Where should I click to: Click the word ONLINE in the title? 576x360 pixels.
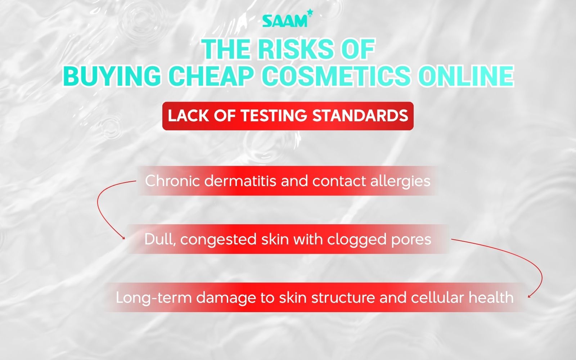466,76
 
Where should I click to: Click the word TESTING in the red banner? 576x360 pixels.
274,116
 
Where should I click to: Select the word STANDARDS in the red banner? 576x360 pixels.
360,116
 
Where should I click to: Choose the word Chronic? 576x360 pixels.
172,181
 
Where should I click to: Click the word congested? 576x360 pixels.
218,239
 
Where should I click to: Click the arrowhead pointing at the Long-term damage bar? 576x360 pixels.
529,297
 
